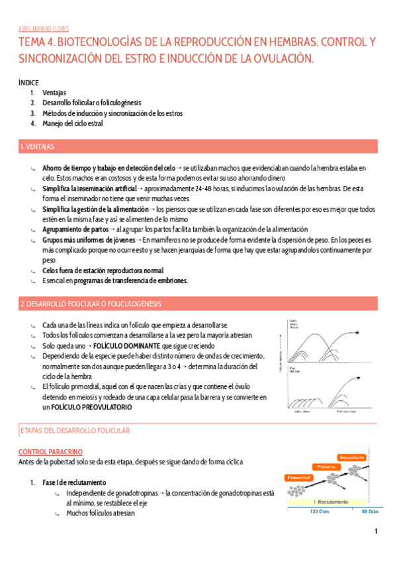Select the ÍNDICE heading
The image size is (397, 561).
point(29,82)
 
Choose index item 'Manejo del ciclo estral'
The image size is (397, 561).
point(73,123)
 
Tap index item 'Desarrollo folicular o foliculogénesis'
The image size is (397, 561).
point(92,103)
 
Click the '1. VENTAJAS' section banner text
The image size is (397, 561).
point(38,146)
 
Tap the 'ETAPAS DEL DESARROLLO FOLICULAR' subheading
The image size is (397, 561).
point(76,431)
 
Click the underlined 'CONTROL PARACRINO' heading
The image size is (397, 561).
point(50,451)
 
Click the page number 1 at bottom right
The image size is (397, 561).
point(375,531)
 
